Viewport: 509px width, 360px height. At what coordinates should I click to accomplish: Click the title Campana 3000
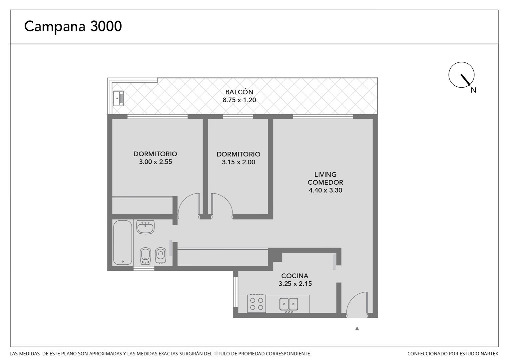[73, 27]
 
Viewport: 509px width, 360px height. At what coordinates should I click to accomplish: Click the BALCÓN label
[239, 92]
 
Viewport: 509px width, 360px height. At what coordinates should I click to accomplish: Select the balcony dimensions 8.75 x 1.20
[239, 100]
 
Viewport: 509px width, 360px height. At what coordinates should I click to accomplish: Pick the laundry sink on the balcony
[118, 98]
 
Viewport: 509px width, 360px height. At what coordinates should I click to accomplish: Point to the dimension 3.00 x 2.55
[156, 162]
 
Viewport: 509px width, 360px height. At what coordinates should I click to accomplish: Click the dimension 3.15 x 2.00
[239, 162]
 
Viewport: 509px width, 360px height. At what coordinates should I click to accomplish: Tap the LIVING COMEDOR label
[325, 178]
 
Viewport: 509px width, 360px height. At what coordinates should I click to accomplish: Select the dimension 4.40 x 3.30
[325, 190]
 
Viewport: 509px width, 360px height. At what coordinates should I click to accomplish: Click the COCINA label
[295, 276]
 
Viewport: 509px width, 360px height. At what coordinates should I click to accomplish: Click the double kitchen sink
[289, 304]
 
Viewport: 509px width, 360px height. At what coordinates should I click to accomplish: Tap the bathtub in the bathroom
[123, 243]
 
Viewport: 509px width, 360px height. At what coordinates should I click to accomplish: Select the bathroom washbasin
[146, 227]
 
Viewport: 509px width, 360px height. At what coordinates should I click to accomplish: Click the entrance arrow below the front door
[357, 328]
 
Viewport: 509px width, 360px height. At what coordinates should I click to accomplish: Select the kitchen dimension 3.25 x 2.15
[295, 284]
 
